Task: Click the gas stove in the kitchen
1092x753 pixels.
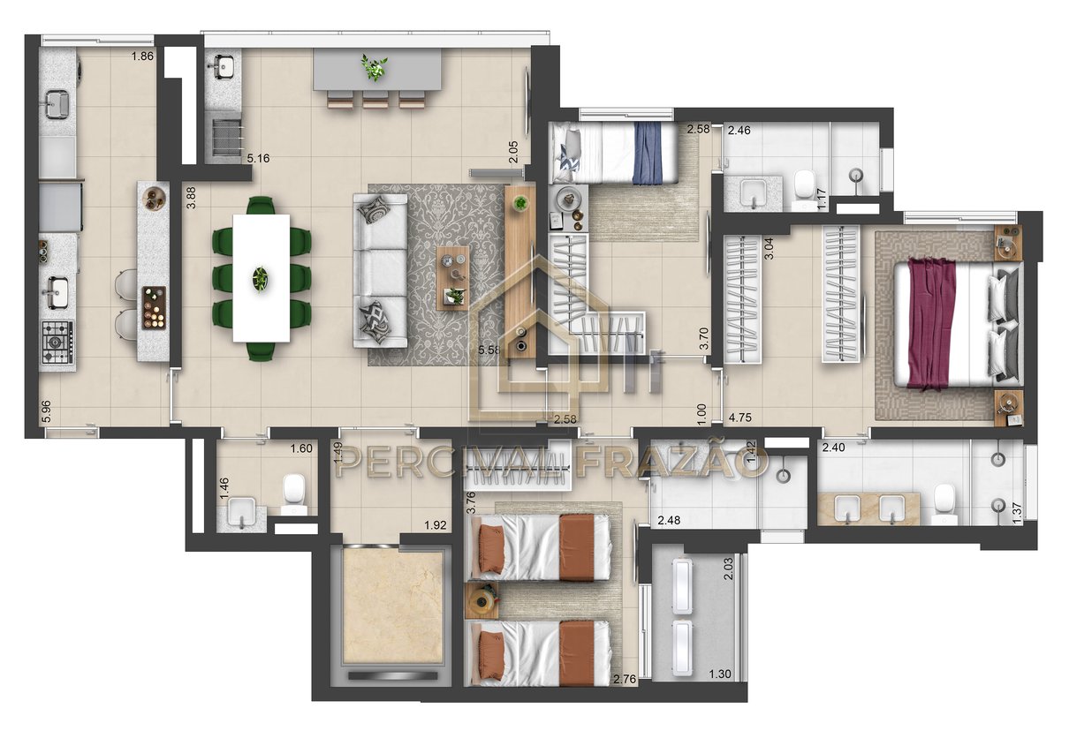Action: [57, 342]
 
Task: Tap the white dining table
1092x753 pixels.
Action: [262, 278]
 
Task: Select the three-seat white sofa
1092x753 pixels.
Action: [380, 271]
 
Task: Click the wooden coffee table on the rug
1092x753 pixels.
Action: [452, 277]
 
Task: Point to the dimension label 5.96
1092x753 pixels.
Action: [46, 411]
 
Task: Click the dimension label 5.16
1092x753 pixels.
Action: [258, 158]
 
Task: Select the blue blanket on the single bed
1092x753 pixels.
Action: [648, 154]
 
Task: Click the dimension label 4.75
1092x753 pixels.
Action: [740, 418]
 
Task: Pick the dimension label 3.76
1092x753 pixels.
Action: [471, 502]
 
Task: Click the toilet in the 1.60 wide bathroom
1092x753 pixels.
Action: [294, 493]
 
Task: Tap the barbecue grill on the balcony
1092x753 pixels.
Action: [227, 138]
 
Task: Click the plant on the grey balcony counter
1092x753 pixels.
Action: [374, 68]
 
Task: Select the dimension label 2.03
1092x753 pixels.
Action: [728, 569]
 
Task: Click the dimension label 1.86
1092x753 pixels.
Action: [142, 56]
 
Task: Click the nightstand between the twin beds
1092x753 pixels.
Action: [482, 600]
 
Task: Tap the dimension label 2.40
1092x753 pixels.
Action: [834, 448]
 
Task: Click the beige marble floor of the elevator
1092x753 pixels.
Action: [393, 606]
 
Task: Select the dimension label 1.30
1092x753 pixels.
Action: [719, 674]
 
